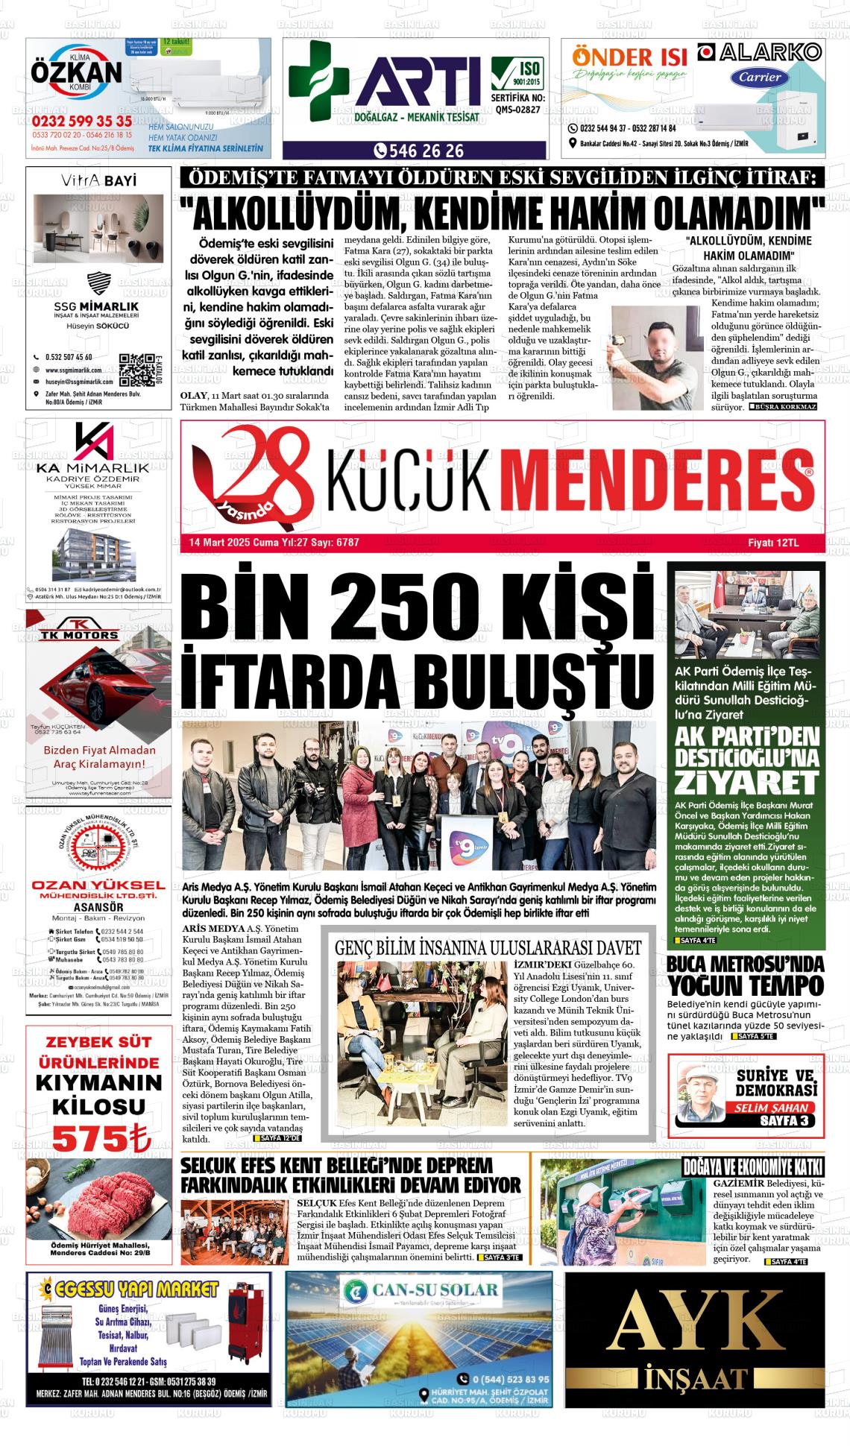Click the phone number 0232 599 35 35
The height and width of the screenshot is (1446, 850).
pos(82,121)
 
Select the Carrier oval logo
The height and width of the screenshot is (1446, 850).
pos(760,77)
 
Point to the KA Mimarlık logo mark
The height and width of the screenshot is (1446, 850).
pos(94,443)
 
